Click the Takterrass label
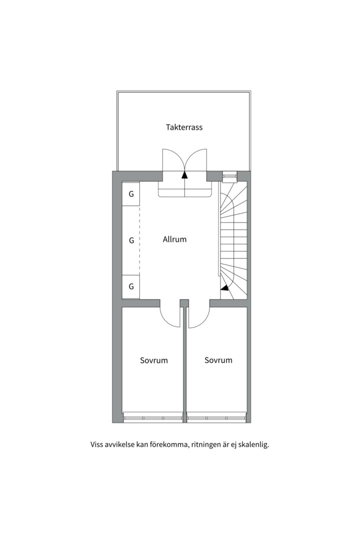pos(184,127)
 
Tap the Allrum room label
pos(174,239)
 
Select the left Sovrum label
pos(153,360)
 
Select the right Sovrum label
pos(218,360)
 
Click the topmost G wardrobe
pos(131,194)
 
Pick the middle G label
pos(131,240)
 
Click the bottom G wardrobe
pos(131,286)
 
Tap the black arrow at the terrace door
pos(184,174)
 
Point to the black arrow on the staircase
pos(225,287)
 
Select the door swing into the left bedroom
pos(170,316)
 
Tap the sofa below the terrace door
pos(184,190)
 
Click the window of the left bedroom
pos(153,417)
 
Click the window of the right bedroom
pos(217,417)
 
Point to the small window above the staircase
pos(229,175)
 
